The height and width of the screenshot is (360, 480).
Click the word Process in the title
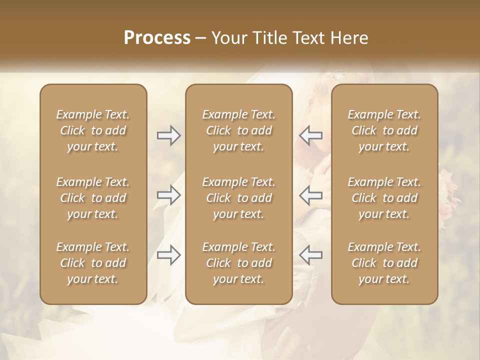[x=157, y=38]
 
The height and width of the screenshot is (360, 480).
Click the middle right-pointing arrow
[x=169, y=195]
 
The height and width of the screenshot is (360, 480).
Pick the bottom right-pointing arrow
[x=169, y=255]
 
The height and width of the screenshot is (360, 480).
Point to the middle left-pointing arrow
[x=311, y=195]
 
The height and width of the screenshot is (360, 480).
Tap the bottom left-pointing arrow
[x=311, y=255]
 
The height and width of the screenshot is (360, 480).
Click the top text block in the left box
[x=93, y=130]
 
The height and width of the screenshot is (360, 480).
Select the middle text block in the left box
[x=93, y=198]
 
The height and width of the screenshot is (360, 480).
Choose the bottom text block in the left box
[x=93, y=263]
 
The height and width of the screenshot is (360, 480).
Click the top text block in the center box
[x=239, y=130]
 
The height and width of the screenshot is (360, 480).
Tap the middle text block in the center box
[x=239, y=198]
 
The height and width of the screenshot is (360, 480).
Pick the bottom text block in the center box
[x=239, y=263]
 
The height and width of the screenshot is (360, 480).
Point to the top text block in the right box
[x=384, y=130]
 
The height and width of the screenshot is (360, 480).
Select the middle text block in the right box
[x=384, y=198]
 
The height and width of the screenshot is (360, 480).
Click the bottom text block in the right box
[x=384, y=263]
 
